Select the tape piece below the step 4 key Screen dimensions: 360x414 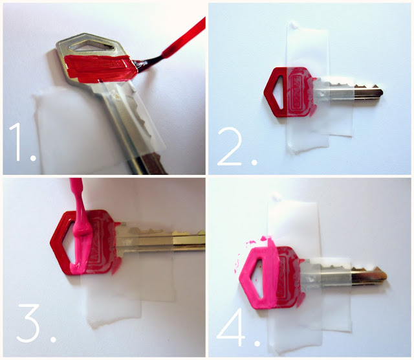coord(298,324)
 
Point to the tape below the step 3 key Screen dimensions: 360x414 coord(116,304)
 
